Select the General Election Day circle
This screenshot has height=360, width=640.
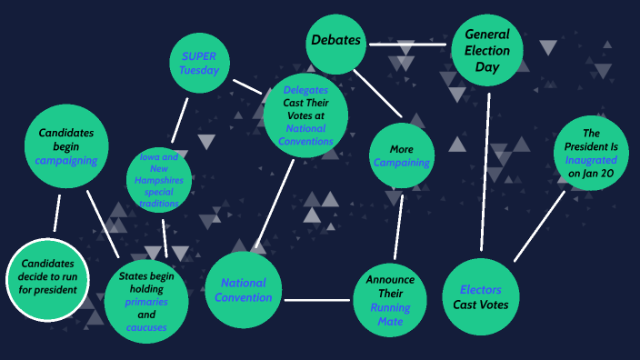pyautogui.click(x=488, y=51)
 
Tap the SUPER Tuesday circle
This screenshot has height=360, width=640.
pyautogui.click(x=199, y=62)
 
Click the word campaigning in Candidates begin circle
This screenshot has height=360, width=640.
pyautogui.click(x=66, y=160)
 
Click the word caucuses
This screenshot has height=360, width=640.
pyautogui.click(x=147, y=326)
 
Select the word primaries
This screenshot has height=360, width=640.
pyautogui.click(x=147, y=302)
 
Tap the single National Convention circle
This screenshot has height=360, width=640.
pyautogui.click(x=244, y=290)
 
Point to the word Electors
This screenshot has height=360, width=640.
pyautogui.click(x=481, y=290)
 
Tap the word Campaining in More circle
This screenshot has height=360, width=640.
pyautogui.click(x=401, y=163)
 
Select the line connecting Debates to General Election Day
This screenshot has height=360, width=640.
pyautogui.click(x=409, y=44)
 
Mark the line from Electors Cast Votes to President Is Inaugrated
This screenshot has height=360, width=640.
pyautogui.click(x=539, y=225)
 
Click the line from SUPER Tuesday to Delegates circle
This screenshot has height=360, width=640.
pyautogui.click(x=247, y=85)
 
